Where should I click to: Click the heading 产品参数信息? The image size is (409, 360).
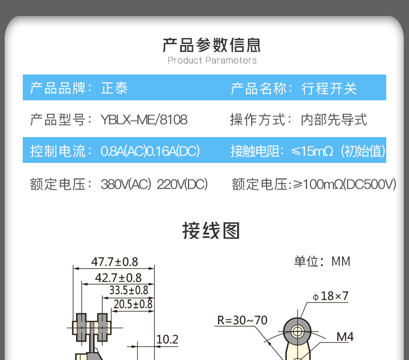pos(211,45)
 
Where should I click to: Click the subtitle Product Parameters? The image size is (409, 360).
pos(212,61)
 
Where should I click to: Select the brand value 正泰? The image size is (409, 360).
pos(114,88)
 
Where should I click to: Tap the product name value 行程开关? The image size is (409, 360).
pos(329,88)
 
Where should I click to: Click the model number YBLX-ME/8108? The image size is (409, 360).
pos(144,120)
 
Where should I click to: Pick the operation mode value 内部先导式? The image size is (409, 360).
pos(334,120)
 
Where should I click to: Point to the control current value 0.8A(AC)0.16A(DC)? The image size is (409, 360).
pos(150,152)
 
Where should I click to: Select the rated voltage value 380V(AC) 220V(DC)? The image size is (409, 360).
pos(154,184)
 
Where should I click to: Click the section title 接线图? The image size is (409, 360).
pos(211,230)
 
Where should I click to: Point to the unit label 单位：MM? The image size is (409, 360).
pos(322,261)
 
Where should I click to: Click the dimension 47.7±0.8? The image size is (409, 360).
pos(114,262)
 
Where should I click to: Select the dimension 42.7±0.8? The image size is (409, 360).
pos(118,278)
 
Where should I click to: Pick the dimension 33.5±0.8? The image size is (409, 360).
pos(128,291)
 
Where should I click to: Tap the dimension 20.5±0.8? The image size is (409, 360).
pos(133,304)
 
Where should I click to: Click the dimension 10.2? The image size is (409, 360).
pos(167,339)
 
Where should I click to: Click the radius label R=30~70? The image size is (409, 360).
pos(242,320)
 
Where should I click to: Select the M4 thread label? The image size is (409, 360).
pos(345,337)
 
